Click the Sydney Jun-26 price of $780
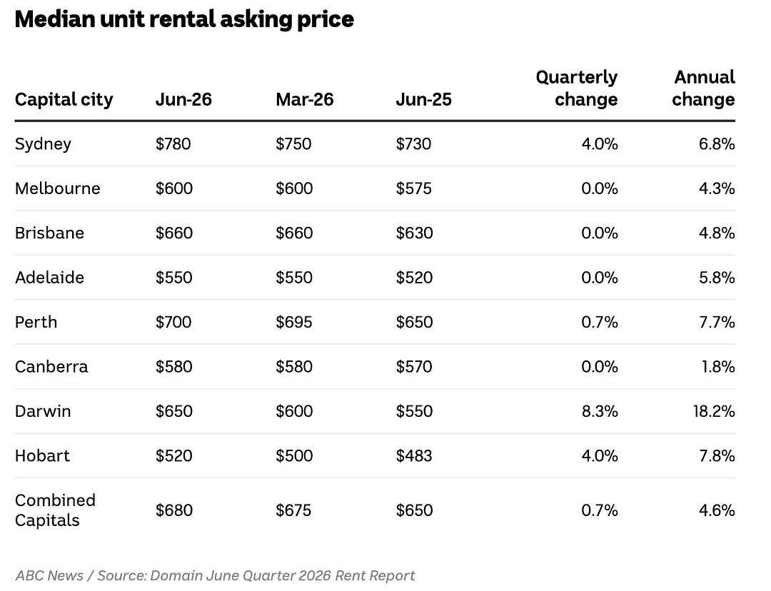tap(173, 143)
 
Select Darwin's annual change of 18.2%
tap(714, 411)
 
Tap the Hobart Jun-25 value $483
tap(414, 456)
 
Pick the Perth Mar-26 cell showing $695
tap(294, 322)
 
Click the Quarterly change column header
tap(577, 88)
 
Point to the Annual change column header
tap(704, 88)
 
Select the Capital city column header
tap(64, 99)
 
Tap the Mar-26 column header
tap(305, 99)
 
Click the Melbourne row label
tap(58, 188)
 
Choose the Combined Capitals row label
tap(55, 510)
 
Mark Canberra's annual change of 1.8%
tap(718, 367)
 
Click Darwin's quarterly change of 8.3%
tap(600, 411)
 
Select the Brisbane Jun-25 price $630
tap(415, 233)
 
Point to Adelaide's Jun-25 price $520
tap(415, 278)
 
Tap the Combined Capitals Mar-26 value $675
tap(293, 510)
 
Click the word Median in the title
tap(55, 19)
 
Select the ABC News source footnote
tap(215, 575)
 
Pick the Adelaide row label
tap(50, 278)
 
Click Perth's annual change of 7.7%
tap(717, 322)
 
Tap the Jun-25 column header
tap(424, 99)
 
